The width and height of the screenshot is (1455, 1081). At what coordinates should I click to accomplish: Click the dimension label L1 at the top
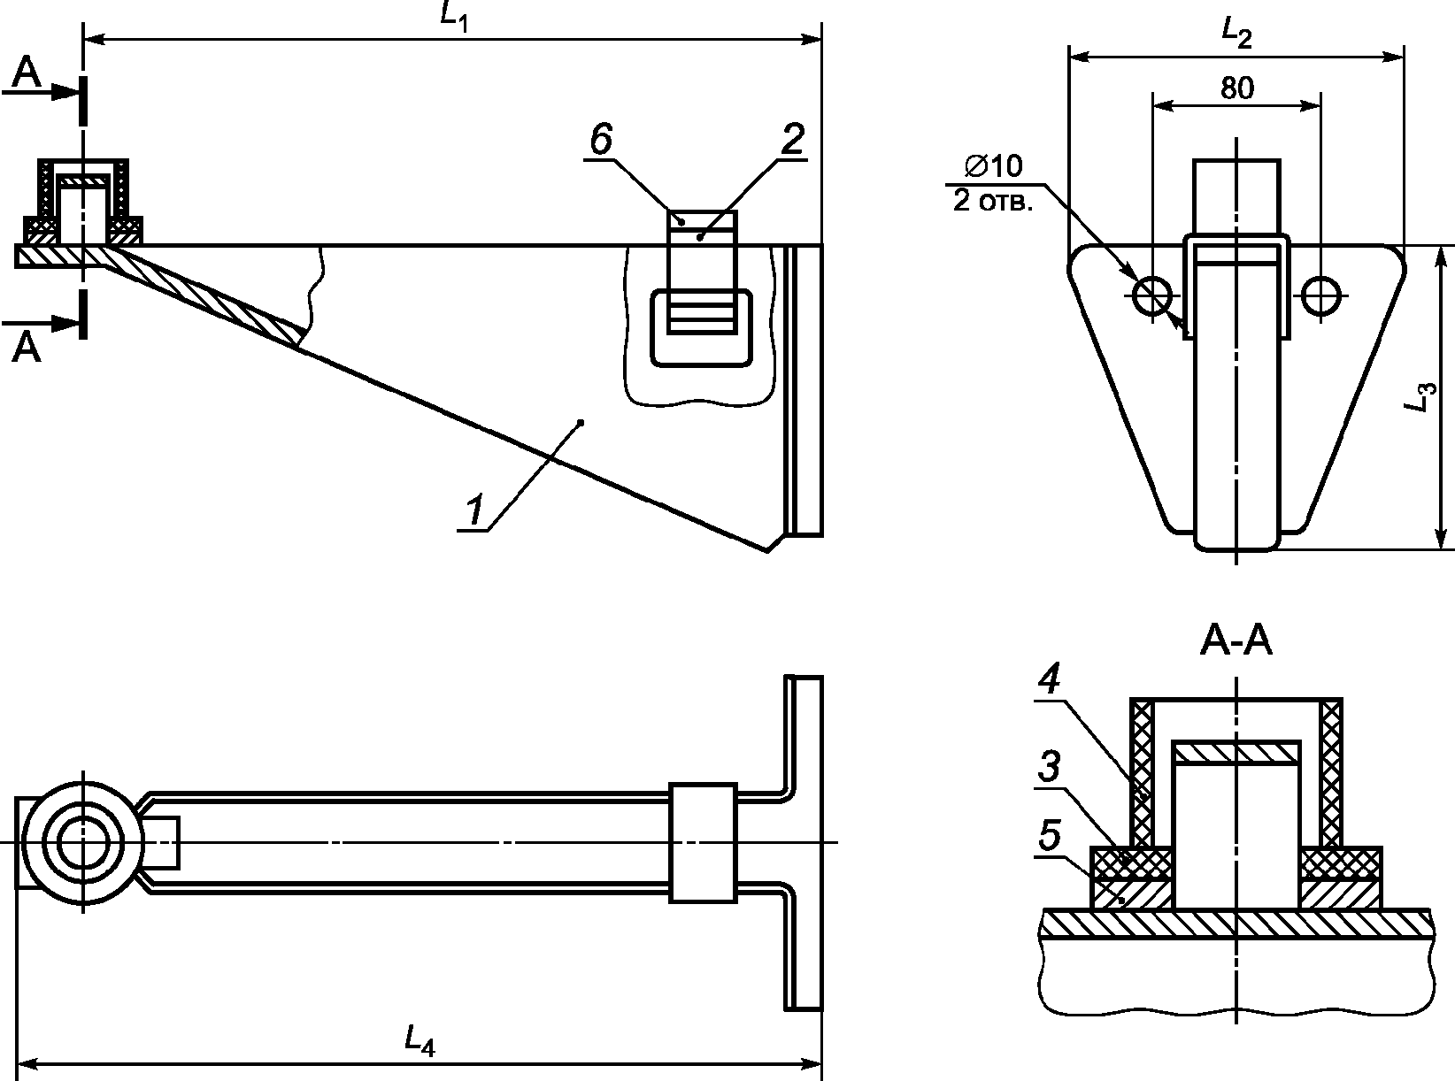click(454, 18)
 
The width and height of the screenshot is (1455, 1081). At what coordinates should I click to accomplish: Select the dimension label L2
click(1236, 34)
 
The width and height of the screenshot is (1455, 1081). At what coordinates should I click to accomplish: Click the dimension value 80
click(1237, 88)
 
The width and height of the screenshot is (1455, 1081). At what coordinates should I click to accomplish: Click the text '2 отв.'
click(992, 202)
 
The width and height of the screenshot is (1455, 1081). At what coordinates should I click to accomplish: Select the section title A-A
click(1236, 641)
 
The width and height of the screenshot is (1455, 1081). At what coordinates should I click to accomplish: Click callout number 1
click(474, 510)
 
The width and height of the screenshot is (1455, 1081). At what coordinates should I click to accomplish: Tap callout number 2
click(792, 140)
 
